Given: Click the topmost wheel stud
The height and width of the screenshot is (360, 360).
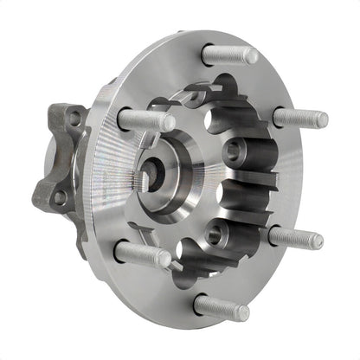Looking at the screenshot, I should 230,55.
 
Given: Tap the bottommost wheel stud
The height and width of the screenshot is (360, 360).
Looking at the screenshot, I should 222,306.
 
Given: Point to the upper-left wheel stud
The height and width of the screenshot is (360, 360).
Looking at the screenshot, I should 145,120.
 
